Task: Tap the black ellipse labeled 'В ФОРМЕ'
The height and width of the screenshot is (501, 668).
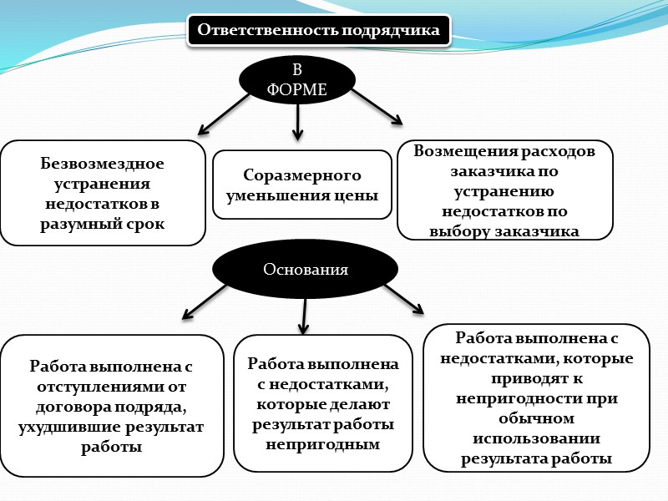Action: (296, 79)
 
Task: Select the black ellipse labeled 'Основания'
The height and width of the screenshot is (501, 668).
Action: (305, 270)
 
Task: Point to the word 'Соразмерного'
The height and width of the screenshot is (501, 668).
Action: (302, 175)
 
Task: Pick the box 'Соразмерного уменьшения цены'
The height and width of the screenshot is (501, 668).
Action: (302, 185)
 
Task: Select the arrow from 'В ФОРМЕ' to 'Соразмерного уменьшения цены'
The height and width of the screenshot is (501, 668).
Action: (296, 122)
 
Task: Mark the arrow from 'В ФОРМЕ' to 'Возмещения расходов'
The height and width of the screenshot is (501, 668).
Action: (376, 107)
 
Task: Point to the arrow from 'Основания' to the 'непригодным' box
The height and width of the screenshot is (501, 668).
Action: (305, 314)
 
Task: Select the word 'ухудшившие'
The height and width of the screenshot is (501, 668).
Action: (64, 427)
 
